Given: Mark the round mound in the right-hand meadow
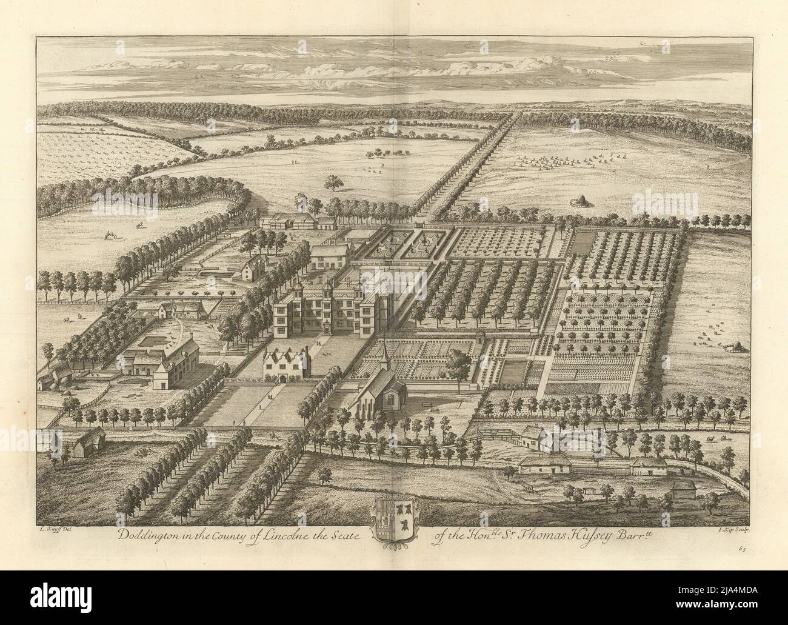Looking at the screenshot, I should [735, 346].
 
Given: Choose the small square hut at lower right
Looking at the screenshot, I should [682, 489].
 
